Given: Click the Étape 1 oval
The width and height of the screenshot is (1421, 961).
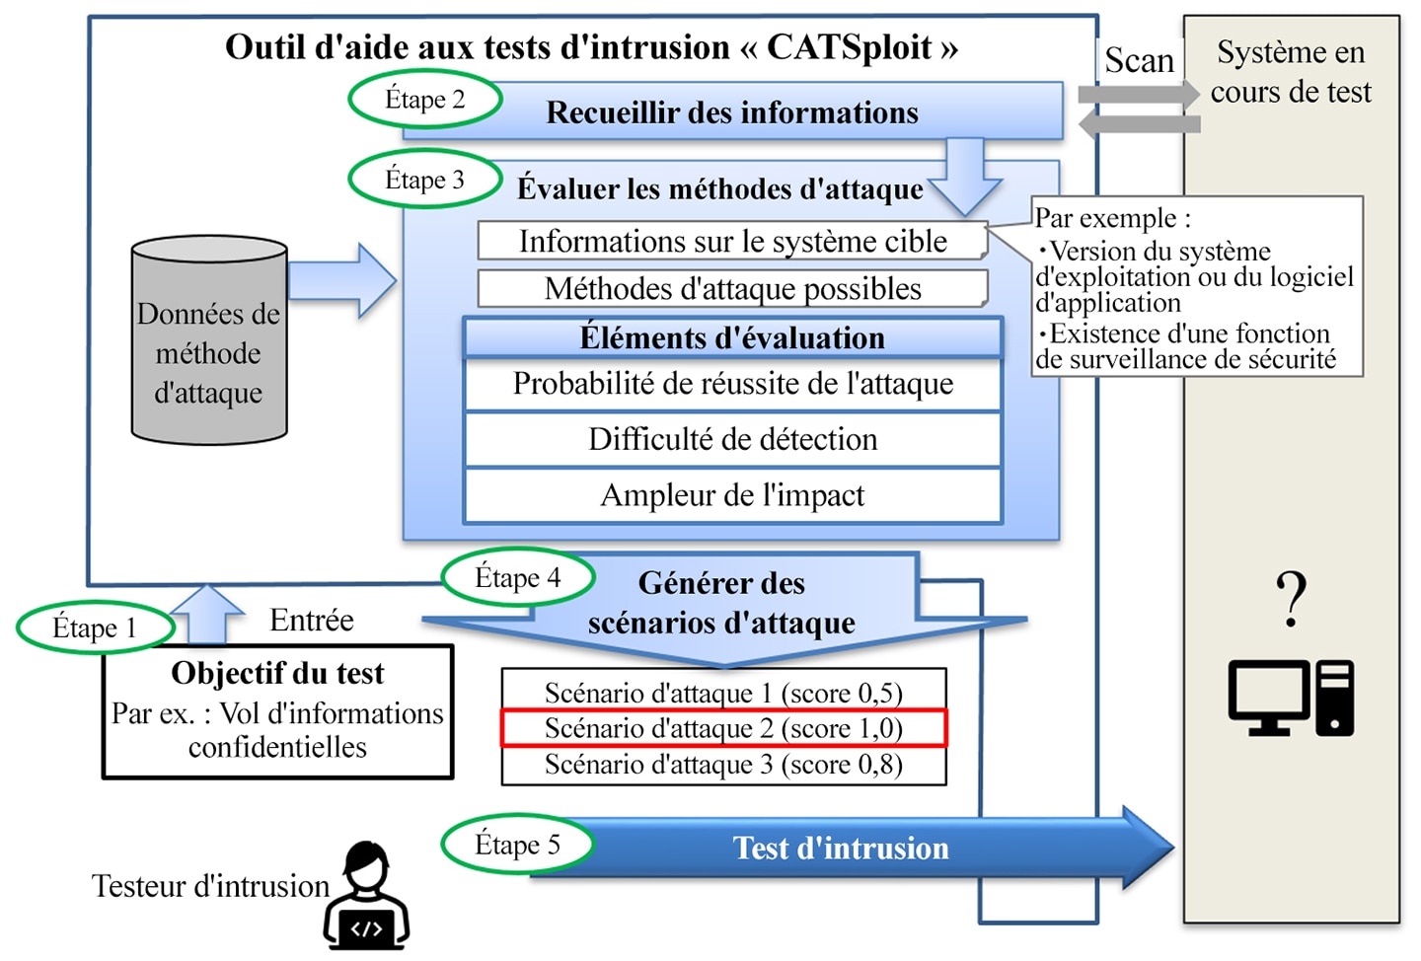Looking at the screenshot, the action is [x=95, y=628].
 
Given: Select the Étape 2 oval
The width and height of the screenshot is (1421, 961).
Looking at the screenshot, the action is [x=425, y=99].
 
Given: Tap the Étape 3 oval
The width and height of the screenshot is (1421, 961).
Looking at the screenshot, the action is [x=425, y=179].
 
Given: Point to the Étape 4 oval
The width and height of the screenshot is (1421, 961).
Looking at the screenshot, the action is [x=518, y=577].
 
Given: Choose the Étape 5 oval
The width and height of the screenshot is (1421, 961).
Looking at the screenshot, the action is [x=518, y=845].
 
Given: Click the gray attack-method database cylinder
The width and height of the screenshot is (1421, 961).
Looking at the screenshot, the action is [x=209, y=340].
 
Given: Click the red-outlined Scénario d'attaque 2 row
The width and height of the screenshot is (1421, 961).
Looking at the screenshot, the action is [x=724, y=728].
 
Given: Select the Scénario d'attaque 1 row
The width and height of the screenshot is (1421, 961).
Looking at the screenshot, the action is [x=724, y=692].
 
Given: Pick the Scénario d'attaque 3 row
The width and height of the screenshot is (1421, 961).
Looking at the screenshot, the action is [x=724, y=765].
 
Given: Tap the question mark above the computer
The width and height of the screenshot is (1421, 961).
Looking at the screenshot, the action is [x=1292, y=599].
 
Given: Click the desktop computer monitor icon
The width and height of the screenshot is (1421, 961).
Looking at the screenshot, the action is [x=1269, y=698].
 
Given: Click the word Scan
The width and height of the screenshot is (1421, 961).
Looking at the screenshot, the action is [x=1140, y=61].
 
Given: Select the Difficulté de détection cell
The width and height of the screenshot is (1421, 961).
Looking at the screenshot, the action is [x=732, y=440].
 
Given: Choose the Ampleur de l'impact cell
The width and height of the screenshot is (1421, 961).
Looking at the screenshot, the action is [x=732, y=495].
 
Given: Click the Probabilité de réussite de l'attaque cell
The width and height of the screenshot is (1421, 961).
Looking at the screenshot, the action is [x=732, y=385].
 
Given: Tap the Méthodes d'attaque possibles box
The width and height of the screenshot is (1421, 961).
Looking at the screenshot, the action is [x=732, y=289].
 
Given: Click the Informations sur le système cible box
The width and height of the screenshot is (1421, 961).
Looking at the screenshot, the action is [x=732, y=241].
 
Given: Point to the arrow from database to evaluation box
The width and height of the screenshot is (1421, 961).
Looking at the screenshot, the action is [x=342, y=280].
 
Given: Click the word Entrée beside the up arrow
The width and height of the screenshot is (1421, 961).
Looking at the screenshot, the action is [x=312, y=620].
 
